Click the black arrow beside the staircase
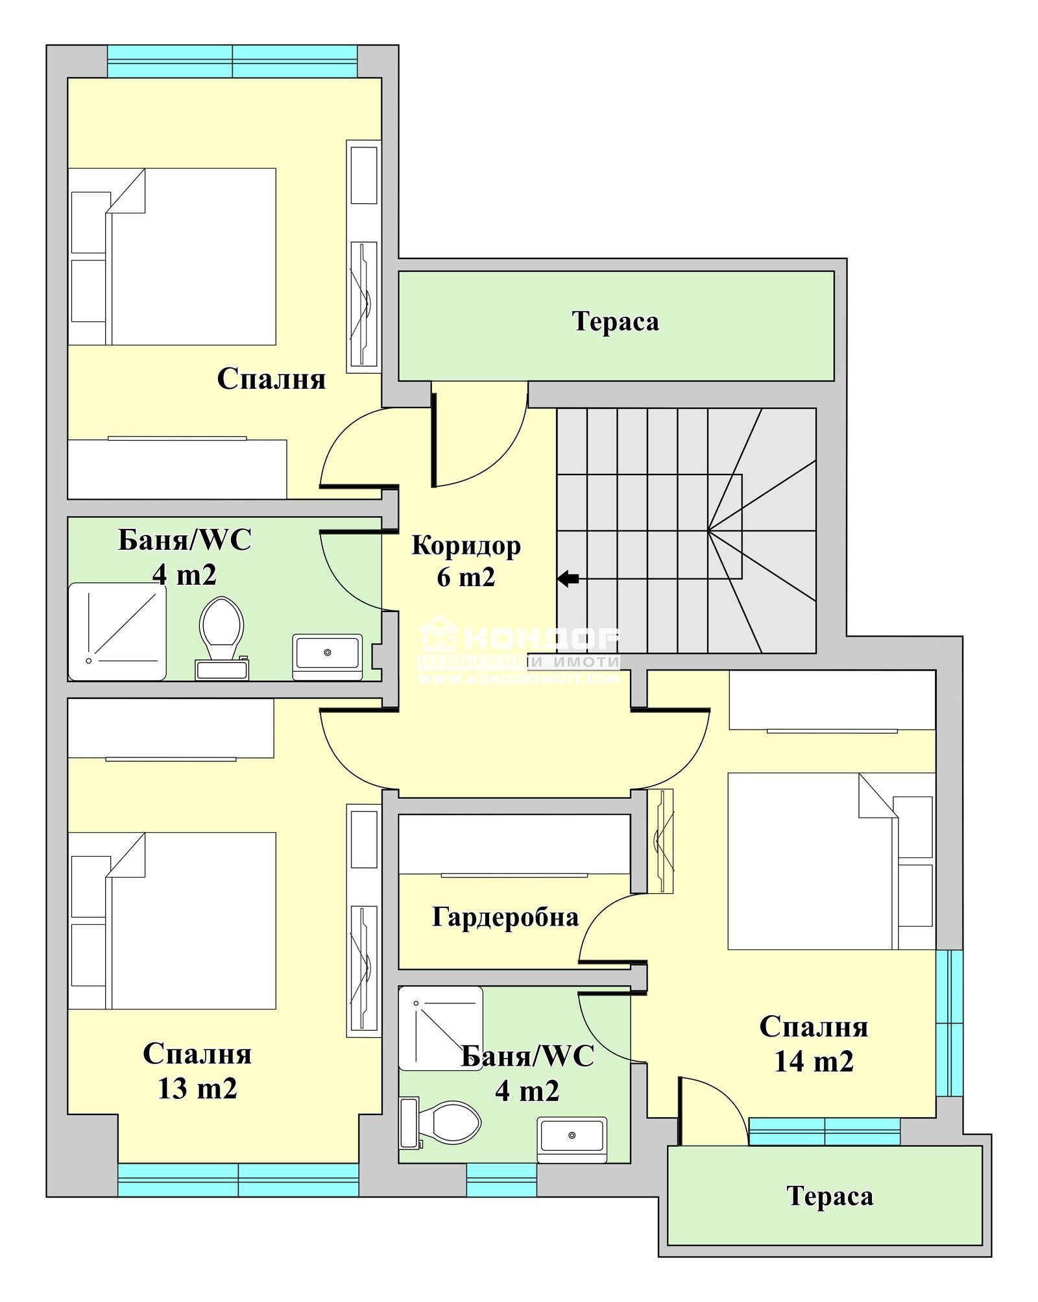click(568, 578)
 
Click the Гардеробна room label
click(505, 917)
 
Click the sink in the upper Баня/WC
click(327, 656)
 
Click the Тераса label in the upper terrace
click(615, 322)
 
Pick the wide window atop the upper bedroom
click(232, 62)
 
